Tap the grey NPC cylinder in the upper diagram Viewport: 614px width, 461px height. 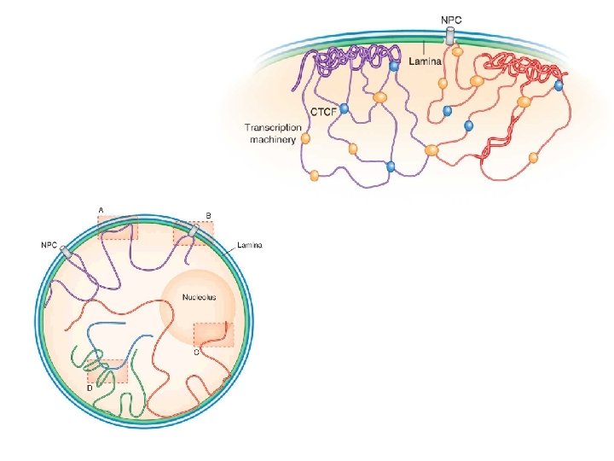pos(449,36)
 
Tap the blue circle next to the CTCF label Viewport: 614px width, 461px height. pos(344,109)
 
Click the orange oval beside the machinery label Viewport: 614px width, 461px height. pos(305,137)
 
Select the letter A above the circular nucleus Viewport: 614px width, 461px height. pos(101,210)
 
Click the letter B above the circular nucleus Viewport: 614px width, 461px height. pos(208,215)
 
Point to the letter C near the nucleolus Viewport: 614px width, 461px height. pos(196,353)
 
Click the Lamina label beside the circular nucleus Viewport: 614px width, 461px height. pos(250,246)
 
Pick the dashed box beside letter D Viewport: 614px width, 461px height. pos(107,371)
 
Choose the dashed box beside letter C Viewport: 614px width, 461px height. pos(213,334)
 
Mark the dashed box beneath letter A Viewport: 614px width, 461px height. pos(118,227)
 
